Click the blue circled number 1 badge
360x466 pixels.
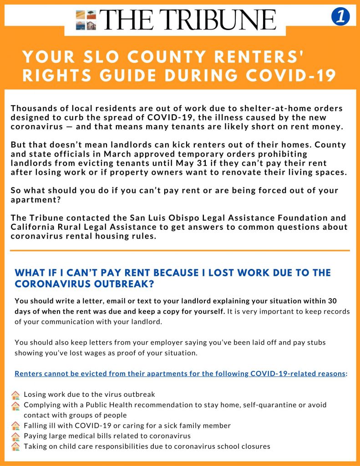(340, 17)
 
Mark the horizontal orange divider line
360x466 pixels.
(180, 250)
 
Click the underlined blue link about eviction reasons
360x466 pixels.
(179, 374)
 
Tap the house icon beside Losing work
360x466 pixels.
(15, 395)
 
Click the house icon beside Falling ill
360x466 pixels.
(15, 426)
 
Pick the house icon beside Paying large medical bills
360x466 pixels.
(15, 436)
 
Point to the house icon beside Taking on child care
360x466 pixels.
(15, 446)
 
